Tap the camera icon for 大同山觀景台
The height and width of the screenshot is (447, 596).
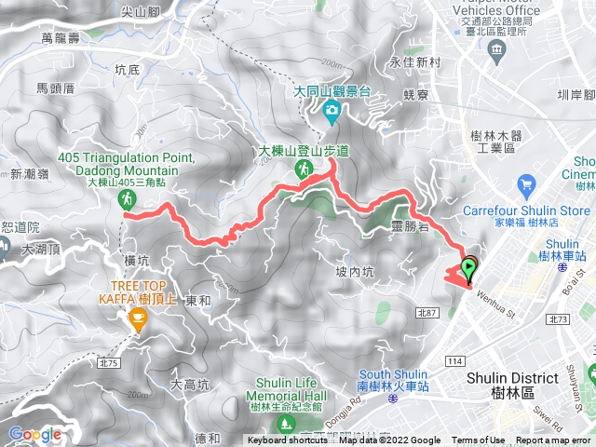click(x=331, y=114)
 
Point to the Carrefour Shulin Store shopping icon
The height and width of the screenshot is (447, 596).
click(x=529, y=184)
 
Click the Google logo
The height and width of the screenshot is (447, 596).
click(x=34, y=434)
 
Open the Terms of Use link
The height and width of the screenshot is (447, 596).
click(x=478, y=440)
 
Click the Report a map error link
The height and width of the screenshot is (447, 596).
click(x=553, y=440)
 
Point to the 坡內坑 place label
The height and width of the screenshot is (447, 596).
click(x=354, y=272)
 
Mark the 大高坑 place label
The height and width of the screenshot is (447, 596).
click(x=189, y=384)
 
